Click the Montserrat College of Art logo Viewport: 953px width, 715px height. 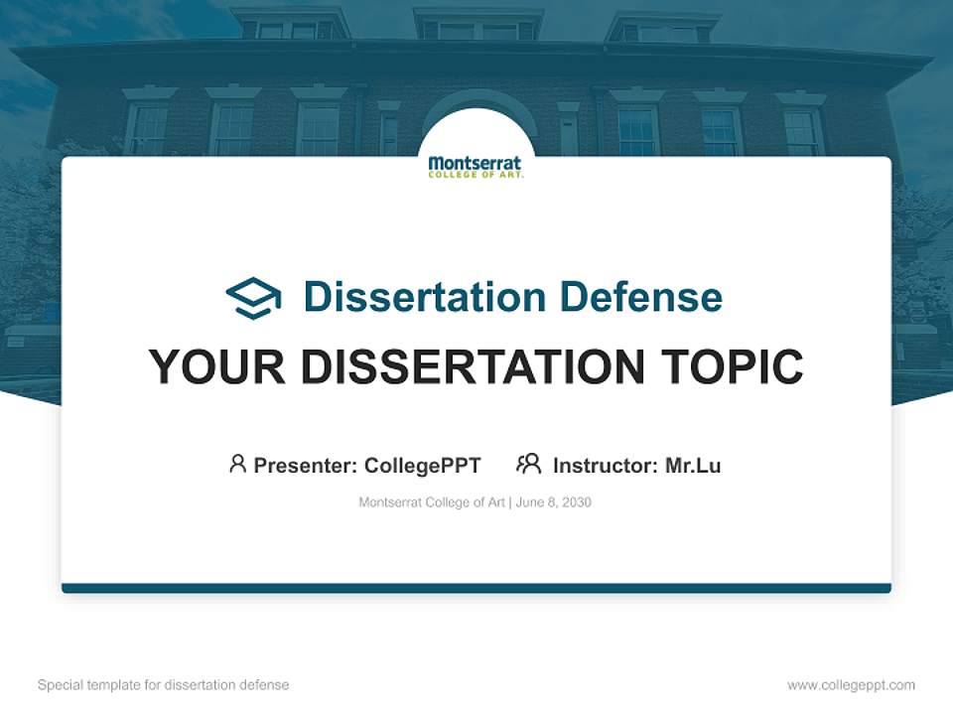(x=476, y=166)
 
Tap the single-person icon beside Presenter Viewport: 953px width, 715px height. (x=237, y=464)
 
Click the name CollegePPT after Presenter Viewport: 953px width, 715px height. (x=422, y=465)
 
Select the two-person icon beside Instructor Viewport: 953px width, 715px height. (x=528, y=464)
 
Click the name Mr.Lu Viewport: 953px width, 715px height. (x=693, y=465)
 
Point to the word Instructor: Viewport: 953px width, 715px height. (x=605, y=465)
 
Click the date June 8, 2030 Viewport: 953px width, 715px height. (x=554, y=502)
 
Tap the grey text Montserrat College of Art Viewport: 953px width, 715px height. (x=432, y=502)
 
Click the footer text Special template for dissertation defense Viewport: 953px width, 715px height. (x=163, y=685)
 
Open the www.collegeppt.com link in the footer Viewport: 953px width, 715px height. (x=851, y=685)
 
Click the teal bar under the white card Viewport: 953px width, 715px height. (x=476, y=588)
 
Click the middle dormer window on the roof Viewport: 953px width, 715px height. (x=477, y=28)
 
